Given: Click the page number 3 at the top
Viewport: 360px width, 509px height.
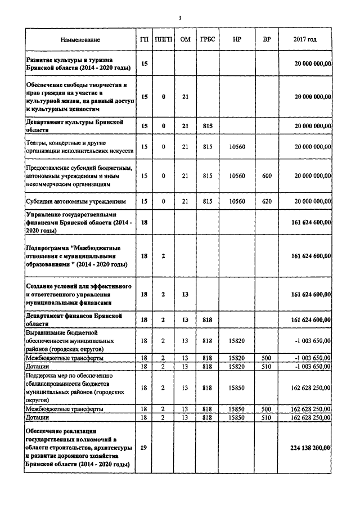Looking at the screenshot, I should pyautogui.click(x=179, y=18).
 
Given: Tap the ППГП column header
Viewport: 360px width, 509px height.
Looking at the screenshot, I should pyautogui.click(x=163, y=40).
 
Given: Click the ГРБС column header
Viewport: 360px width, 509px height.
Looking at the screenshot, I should pyautogui.click(x=206, y=40).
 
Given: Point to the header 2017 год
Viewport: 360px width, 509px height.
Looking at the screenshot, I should pyautogui.click(x=305, y=40).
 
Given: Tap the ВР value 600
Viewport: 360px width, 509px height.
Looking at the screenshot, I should pyautogui.click(x=267, y=176).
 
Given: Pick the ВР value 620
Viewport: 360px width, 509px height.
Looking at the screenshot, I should pyautogui.click(x=267, y=201).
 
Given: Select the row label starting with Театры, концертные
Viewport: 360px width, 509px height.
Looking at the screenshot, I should pyautogui.click(x=79, y=147).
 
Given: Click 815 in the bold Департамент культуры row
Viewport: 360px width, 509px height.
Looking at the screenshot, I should pyautogui.click(x=206, y=126).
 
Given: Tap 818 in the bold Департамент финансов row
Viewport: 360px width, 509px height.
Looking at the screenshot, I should pyautogui.click(x=206, y=319).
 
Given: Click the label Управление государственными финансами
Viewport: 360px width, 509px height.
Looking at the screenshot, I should pyautogui.click(x=79, y=223).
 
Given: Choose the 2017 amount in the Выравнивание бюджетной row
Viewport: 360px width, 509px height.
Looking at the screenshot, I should pyautogui.click(x=310, y=341).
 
